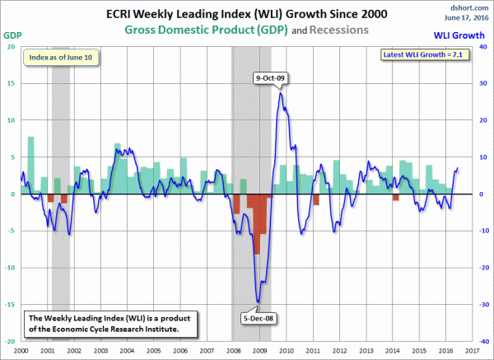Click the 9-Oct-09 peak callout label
tap(271, 77)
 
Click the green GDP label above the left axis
tap(12, 35)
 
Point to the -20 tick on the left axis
tap(10, 341)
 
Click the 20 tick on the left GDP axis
tap(11, 47)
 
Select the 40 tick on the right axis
tap(482, 47)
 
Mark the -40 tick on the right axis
tap(482, 341)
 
